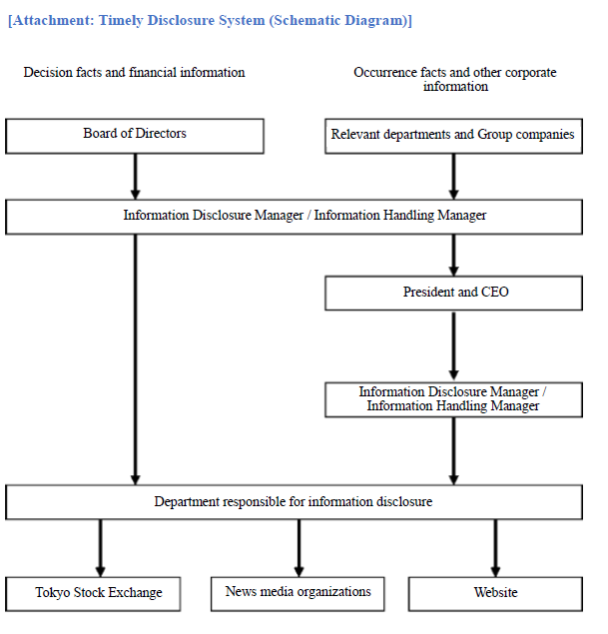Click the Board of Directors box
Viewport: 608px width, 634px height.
135,136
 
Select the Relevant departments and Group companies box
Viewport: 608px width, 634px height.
453,136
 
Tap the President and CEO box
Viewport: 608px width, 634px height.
453,294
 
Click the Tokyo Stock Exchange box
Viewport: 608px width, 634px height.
93,594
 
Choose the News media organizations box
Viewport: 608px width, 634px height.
298,594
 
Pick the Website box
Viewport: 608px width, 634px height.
495,594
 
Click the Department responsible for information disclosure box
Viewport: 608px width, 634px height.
294,502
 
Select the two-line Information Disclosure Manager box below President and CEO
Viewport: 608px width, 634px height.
453,399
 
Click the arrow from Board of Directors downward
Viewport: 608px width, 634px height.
136,177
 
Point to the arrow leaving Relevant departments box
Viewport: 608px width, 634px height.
453,177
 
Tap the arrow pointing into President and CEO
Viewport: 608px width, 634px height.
453,256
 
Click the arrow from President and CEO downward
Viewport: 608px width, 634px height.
453,346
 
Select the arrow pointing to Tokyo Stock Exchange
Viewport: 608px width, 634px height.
100,548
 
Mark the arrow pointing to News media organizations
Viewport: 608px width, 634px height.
299,548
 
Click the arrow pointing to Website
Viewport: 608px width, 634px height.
495,548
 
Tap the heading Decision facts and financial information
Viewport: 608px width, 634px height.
134,72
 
